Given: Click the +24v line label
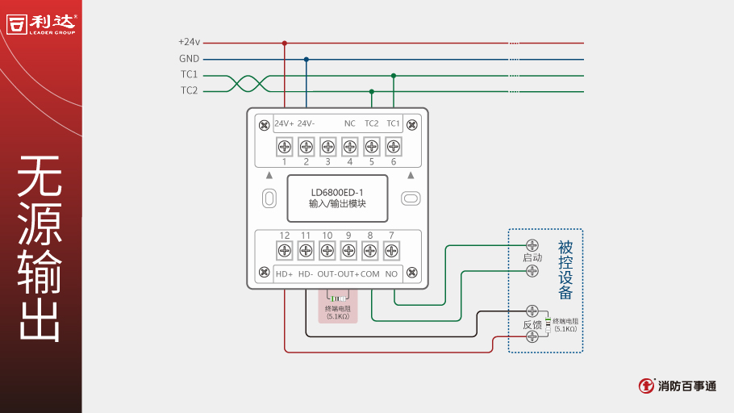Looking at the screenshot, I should pos(189,42).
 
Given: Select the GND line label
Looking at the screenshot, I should pos(189,59).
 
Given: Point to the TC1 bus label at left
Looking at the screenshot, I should pos(189,75).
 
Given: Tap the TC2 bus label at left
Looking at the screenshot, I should pos(189,91).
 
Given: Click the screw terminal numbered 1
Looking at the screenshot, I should pos(284,146).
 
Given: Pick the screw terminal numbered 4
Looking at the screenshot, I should pos(349,146).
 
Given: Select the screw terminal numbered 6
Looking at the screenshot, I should pos(393,146).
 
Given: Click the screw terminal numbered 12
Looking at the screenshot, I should pos(284,251).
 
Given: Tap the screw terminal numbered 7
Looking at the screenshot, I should pos(391,251).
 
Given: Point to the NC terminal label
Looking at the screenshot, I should pos(349,123).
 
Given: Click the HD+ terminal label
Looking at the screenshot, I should pos(284,274).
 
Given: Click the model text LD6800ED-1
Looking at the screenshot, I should pos(337,192).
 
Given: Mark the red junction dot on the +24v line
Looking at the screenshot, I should pos(284,43).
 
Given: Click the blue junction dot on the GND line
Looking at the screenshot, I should pos(306,59).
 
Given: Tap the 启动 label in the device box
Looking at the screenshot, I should pos(532,257).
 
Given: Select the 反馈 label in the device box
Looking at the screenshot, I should pos(532,324).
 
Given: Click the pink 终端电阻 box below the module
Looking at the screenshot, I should pos(337,307).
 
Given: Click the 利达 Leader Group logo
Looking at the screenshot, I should pos(42,23).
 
